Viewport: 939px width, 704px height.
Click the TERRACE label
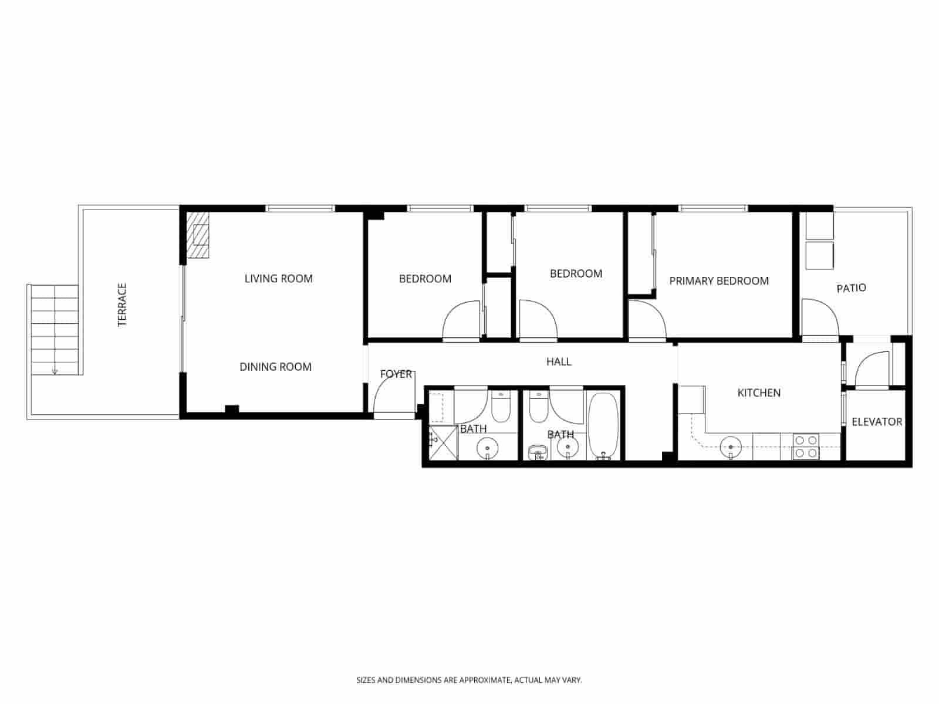click(x=123, y=304)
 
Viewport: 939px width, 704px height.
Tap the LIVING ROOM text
click(x=278, y=279)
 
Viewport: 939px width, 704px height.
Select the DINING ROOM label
click(x=275, y=367)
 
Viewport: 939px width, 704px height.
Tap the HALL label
click(x=559, y=361)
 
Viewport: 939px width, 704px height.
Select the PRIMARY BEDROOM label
click(x=718, y=281)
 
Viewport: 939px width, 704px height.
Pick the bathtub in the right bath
click(x=603, y=426)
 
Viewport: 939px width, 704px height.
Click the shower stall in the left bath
click(x=443, y=442)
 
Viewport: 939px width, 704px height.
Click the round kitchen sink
click(x=730, y=448)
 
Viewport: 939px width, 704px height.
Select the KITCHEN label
click(x=758, y=392)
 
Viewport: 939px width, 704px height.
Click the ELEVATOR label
click(x=877, y=421)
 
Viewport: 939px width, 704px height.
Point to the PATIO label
click(x=851, y=288)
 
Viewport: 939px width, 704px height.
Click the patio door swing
click(x=819, y=317)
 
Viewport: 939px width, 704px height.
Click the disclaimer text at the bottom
click(x=469, y=681)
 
